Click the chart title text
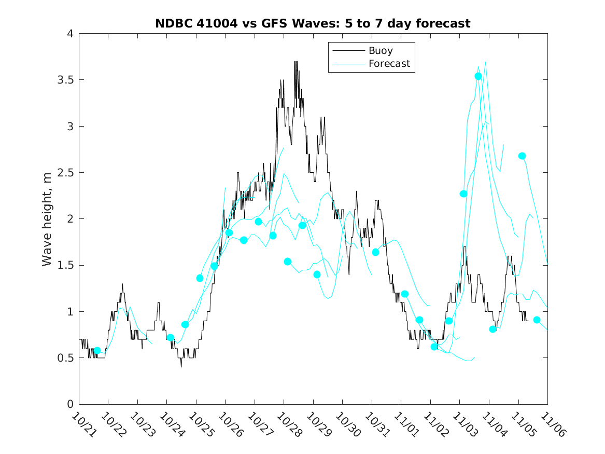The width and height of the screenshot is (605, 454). (x=313, y=23)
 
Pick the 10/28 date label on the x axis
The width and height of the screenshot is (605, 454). (x=288, y=424)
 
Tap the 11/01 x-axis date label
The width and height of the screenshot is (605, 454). (x=405, y=424)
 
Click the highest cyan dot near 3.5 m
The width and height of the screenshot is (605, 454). (x=478, y=76)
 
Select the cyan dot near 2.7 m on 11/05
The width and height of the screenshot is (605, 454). (x=522, y=156)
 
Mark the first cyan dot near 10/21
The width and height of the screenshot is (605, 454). (x=97, y=351)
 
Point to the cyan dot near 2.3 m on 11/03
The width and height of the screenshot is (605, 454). (x=463, y=194)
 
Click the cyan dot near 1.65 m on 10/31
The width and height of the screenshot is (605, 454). (x=375, y=252)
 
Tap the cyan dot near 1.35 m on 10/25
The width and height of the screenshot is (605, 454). (x=200, y=278)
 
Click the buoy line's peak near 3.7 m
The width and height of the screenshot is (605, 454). (x=296, y=62)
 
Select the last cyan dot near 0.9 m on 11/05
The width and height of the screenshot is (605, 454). (x=537, y=320)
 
